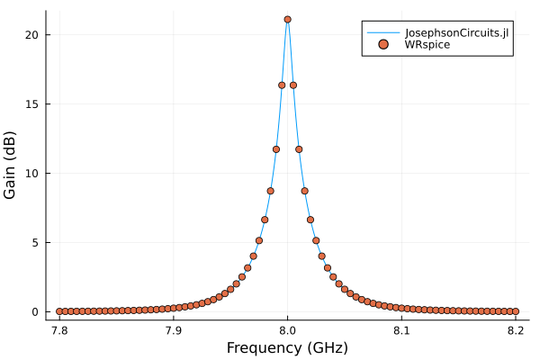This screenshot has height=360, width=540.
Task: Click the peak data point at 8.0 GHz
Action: [x=287, y=19]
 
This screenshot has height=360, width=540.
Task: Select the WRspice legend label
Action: [x=427, y=44]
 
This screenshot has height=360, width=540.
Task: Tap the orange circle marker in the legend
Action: [x=384, y=44]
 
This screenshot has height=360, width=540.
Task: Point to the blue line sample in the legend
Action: [x=384, y=32]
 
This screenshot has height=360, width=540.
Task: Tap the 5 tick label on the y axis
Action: [x=34, y=242]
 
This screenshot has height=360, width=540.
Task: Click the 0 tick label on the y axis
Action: [x=34, y=311]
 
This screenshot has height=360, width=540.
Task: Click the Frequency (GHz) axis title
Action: [x=287, y=347]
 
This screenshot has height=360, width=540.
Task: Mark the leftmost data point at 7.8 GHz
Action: [x=59, y=311]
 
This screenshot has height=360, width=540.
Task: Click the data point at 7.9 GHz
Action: [x=174, y=308]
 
